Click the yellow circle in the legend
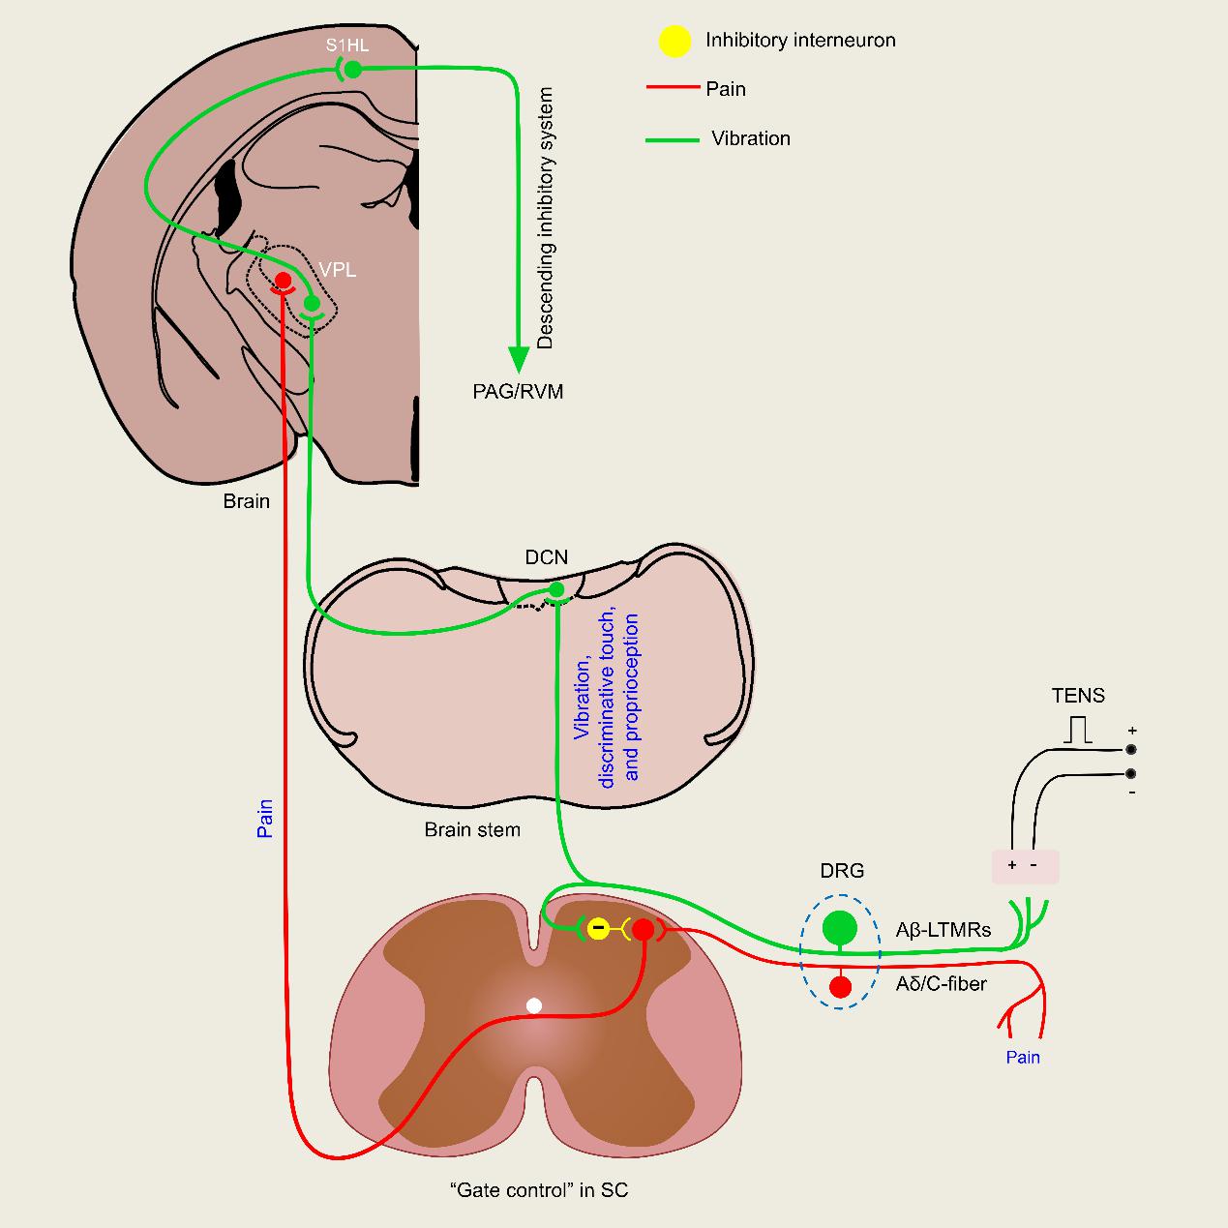674,41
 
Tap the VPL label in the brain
338,270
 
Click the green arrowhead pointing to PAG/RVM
520,358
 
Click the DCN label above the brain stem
547,557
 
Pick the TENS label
1078,696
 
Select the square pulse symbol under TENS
1078,731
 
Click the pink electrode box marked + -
1026,866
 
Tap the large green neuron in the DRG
840,928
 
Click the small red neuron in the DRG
840,987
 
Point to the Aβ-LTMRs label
943,930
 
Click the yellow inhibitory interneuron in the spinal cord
599,930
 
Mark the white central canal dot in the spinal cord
533,1006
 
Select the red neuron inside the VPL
284,281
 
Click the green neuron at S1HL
353,69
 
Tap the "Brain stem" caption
472,829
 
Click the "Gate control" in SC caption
539,1190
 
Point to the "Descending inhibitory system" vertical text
546,218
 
